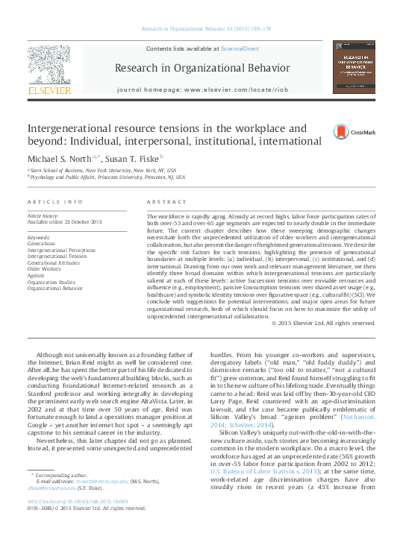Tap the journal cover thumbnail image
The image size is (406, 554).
click(354, 68)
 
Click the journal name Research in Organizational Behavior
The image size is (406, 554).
click(202, 69)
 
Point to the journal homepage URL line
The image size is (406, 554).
click(202, 89)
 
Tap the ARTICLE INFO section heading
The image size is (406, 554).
click(54, 202)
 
